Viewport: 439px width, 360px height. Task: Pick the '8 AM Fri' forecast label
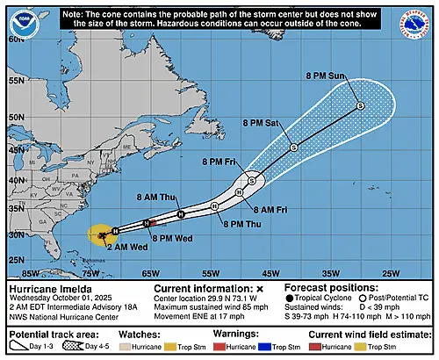point(270,210)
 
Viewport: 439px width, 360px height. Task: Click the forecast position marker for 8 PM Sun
point(360,105)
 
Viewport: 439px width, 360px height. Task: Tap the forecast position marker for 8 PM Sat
point(293,147)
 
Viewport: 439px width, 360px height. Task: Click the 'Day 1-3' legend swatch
point(18,348)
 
